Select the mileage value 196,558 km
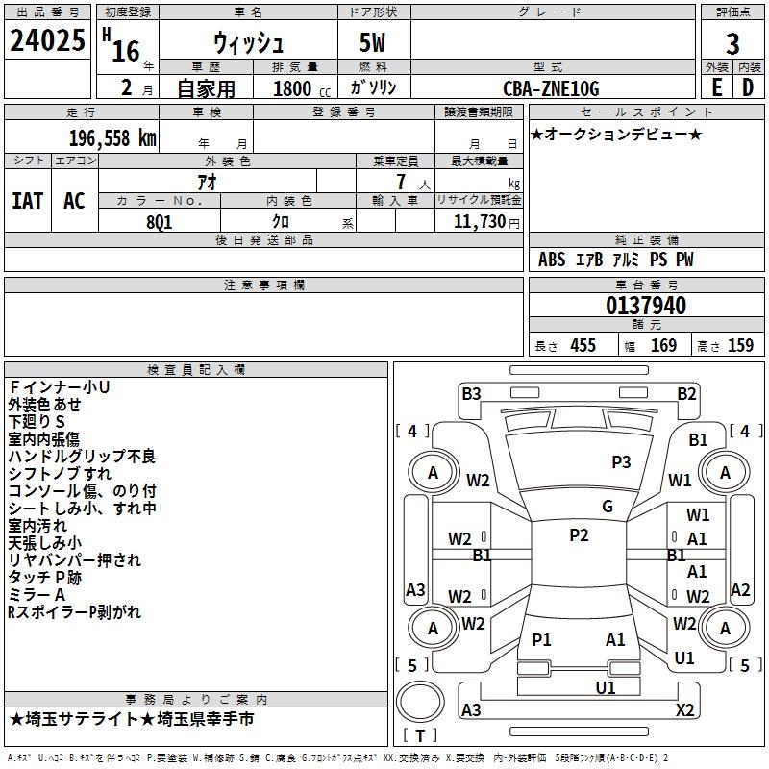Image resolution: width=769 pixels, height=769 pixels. coord(112,137)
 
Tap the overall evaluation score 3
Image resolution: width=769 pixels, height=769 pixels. coord(732,44)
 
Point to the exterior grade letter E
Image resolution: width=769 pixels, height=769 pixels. coord(717,87)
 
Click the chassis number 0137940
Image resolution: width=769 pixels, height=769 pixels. coord(646,306)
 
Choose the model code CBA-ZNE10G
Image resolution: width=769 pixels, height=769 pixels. coord(551,88)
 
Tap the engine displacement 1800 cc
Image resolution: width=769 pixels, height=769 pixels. coord(292,88)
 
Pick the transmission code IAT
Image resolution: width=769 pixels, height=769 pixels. coord(28,200)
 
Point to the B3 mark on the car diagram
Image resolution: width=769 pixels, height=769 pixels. coord(471,393)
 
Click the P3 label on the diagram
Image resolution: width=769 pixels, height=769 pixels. coord(621,461)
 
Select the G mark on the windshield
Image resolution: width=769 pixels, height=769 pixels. coord(608,507)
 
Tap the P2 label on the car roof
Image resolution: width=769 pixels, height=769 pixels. coord(579,535)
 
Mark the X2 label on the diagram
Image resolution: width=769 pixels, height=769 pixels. coord(685,709)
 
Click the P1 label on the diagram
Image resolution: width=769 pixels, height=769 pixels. coord(542,639)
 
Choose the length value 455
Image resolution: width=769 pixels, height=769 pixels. coord(583,345)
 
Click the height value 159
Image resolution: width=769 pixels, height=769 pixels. coord(740,345)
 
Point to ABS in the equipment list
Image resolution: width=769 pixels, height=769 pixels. coord(552,260)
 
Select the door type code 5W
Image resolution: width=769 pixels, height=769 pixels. coord(374,44)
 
